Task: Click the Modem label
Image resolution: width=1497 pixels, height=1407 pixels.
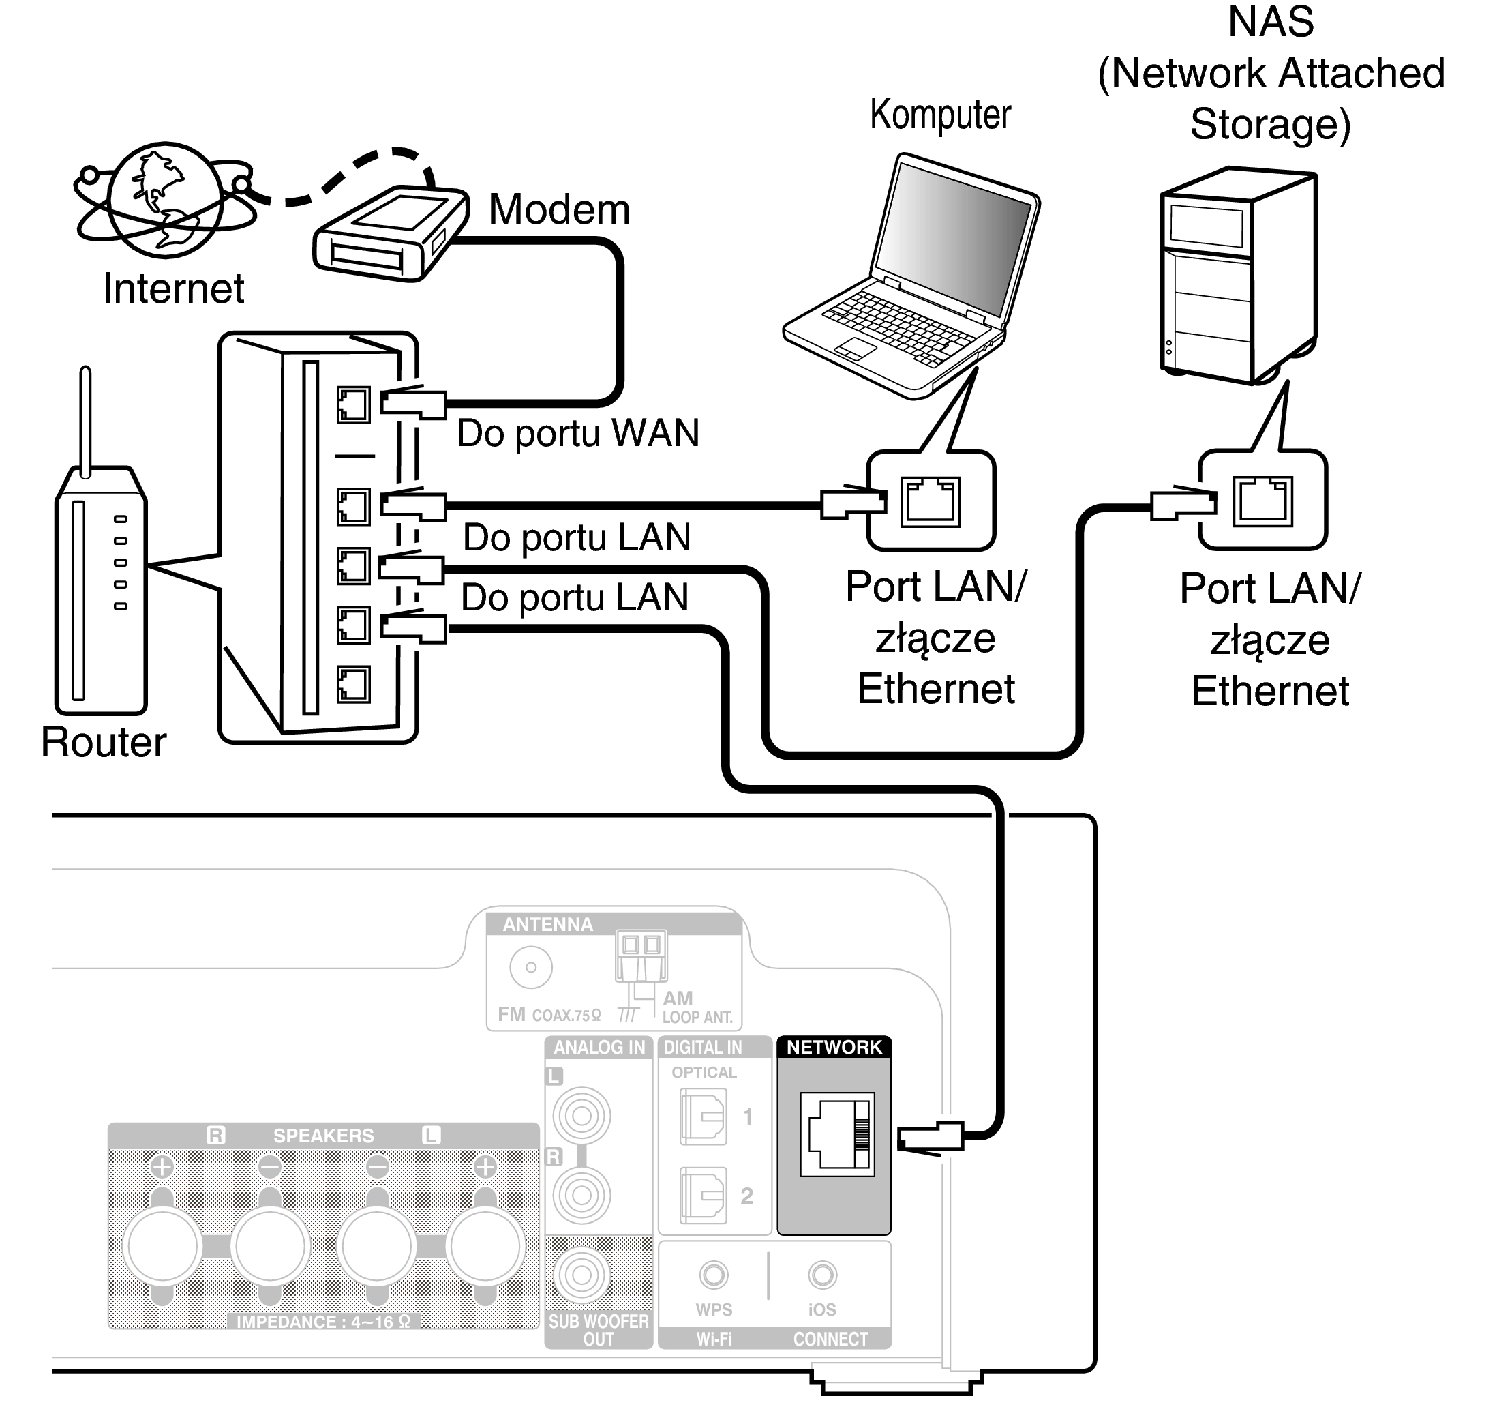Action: pos(559,209)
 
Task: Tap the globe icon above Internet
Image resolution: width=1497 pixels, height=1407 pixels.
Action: pos(165,201)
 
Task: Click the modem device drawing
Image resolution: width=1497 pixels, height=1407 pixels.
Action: pos(390,233)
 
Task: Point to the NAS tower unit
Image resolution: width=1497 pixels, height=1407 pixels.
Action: pos(1239,275)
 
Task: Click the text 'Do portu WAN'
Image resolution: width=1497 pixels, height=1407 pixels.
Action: pos(577,433)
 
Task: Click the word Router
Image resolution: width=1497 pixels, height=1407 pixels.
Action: pos(103,742)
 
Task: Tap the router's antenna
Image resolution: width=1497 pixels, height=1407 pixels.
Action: pos(86,421)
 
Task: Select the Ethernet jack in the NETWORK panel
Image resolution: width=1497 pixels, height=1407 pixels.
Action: pos(836,1134)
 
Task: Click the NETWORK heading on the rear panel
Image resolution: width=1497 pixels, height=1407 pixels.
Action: pos(834,1047)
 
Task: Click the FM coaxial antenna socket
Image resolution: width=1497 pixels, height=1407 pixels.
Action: pos(531,967)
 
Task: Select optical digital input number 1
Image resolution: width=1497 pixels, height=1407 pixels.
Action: pos(704,1116)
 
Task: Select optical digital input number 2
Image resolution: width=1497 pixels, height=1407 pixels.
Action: pos(704,1196)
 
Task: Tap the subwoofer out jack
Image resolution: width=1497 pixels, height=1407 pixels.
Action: pos(581,1275)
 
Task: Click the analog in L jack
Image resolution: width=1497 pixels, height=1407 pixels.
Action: pos(581,1116)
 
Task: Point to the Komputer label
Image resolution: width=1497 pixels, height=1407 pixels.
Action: pos(940,115)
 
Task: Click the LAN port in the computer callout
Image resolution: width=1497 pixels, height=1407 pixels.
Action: pos(931,500)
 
